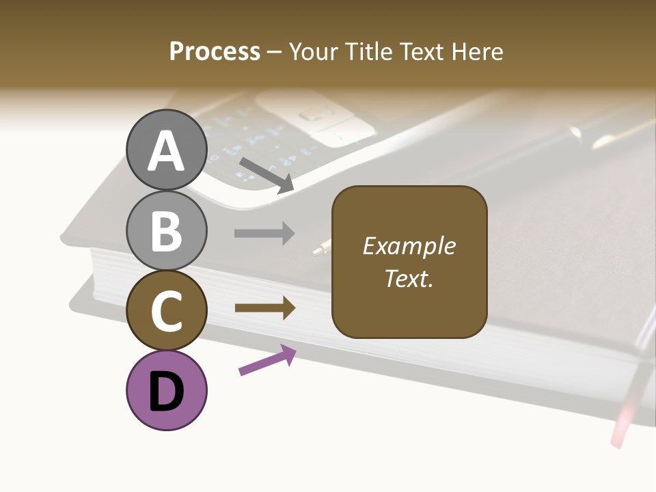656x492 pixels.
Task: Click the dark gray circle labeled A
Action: (x=167, y=150)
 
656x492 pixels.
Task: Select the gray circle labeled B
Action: (x=167, y=230)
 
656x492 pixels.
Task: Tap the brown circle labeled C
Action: (x=167, y=310)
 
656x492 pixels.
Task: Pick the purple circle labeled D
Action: (x=167, y=390)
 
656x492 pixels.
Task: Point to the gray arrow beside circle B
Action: (x=264, y=234)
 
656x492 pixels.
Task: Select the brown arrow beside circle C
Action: (x=264, y=308)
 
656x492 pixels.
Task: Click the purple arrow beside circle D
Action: (x=267, y=360)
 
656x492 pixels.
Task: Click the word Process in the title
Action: (x=215, y=51)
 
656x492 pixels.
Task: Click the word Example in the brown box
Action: (x=409, y=246)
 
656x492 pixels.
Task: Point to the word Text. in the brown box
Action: (x=409, y=279)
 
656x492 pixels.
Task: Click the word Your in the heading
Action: (x=312, y=51)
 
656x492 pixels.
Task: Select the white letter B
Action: (x=167, y=230)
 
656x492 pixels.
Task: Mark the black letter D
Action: (x=167, y=392)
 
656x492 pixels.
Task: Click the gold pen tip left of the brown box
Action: (x=320, y=247)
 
